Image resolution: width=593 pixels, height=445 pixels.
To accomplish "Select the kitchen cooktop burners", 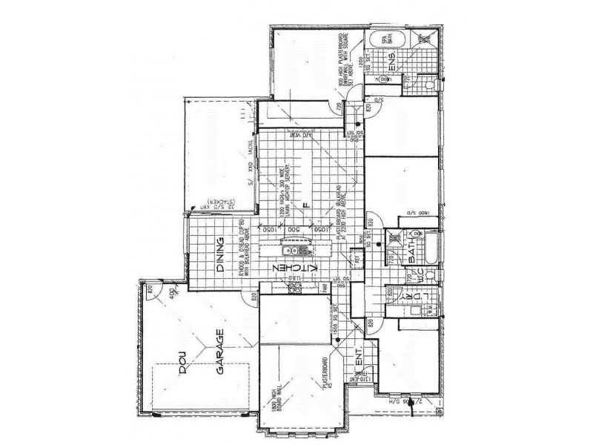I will point(294,285).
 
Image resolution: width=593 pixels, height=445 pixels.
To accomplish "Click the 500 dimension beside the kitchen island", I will point(294,230).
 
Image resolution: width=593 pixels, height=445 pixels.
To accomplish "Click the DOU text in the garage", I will point(179,368).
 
